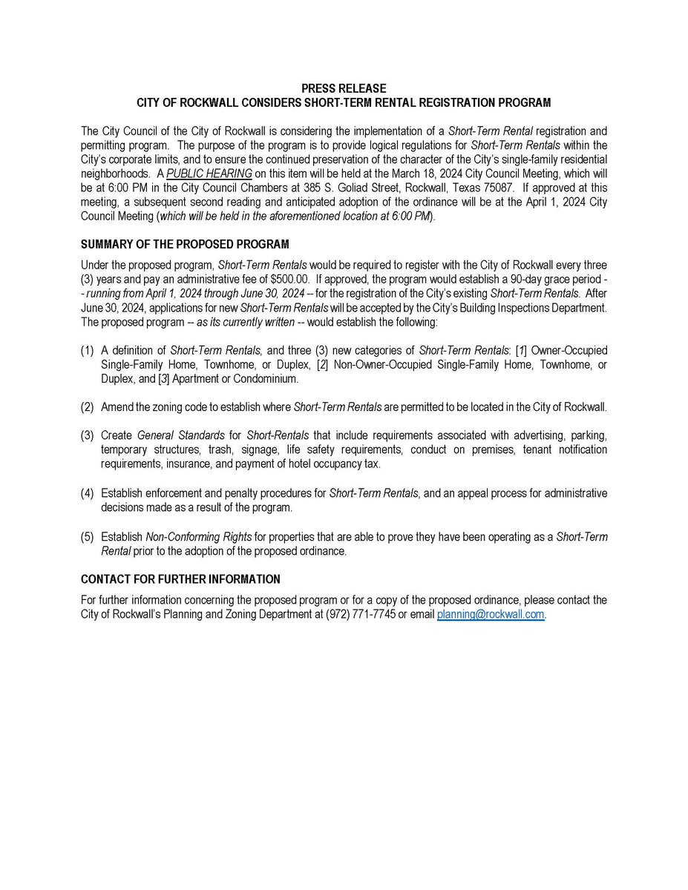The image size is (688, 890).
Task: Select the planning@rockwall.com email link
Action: [x=491, y=615]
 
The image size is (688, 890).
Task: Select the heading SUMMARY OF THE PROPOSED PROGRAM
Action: [x=185, y=244]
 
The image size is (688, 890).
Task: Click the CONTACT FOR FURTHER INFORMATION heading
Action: [x=180, y=579]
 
